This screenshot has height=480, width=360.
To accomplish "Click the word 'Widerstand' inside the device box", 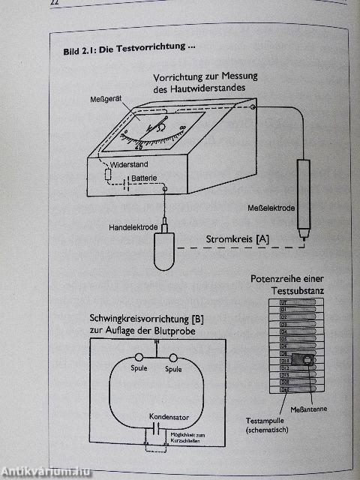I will [128, 163].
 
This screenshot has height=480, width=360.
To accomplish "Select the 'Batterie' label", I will [145, 178].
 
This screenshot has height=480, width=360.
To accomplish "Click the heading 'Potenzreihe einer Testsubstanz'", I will [288, 284].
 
